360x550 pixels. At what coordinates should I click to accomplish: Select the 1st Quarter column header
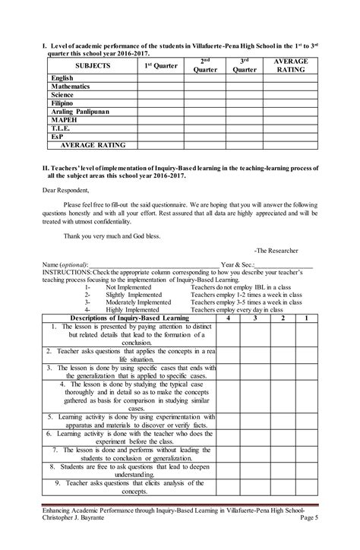point(159,66)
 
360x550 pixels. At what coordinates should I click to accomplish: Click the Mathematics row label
point(71,87)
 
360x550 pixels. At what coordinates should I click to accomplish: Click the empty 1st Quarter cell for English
point(159,78)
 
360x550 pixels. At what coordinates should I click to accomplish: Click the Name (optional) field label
point(71,264)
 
